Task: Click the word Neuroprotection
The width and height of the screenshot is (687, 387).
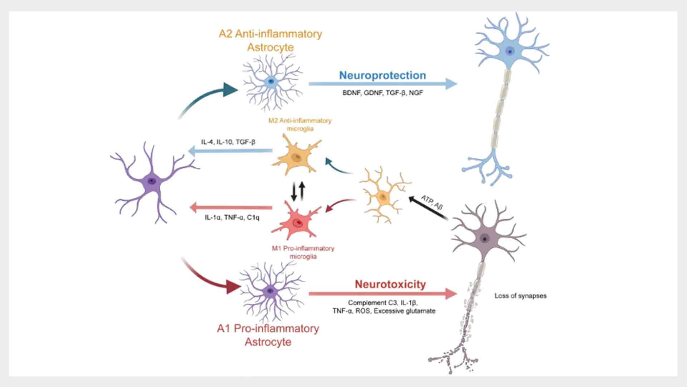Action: (382, 75)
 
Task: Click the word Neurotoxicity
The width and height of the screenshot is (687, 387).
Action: (390, 284)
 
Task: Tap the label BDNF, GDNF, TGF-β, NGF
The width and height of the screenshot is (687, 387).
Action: (383, 93)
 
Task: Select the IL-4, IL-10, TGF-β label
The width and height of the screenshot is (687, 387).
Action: (228, 142)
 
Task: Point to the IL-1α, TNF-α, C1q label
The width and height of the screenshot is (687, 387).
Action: (232, 217)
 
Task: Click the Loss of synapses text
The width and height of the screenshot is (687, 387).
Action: (520, 296)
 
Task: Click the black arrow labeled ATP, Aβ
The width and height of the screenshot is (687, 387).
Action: (428, 207)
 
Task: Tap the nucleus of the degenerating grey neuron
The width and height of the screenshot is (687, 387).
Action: (485, 239)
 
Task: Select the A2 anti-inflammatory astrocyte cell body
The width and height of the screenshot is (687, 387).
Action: (271, 82)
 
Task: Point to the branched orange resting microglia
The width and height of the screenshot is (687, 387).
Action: (384, 196)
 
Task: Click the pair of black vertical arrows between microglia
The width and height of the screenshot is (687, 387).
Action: (298, 191)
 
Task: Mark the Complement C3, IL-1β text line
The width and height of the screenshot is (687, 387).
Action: (383, 303)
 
